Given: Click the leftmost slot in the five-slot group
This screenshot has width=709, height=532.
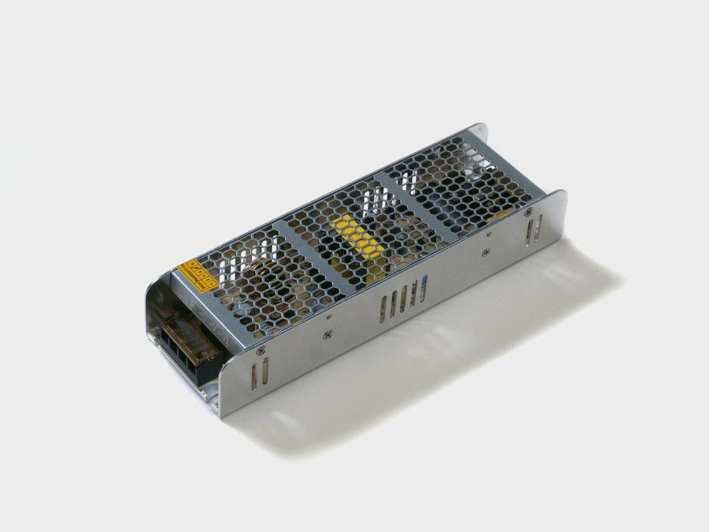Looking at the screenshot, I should tap(382, 307).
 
